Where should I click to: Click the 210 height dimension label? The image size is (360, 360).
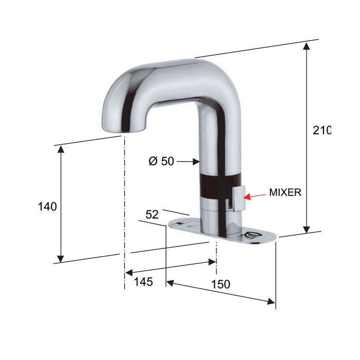pos(322,131)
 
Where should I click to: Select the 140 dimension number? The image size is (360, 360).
pos(47,206)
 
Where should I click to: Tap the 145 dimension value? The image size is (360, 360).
pos(143,282)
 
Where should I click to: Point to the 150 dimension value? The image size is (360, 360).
pos(220,284)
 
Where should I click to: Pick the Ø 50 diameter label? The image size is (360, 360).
pos(161,161)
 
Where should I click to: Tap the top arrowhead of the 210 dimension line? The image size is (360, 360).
pos(307,46)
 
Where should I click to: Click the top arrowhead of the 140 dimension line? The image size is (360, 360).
pos(61,149)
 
